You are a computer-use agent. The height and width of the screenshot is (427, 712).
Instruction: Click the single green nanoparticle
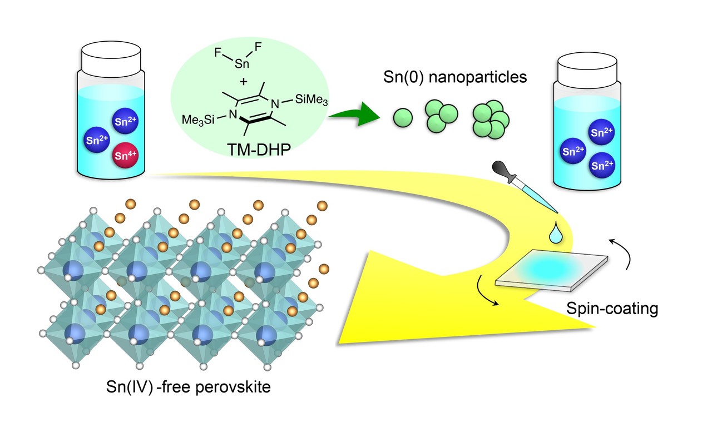(x=403, y=117)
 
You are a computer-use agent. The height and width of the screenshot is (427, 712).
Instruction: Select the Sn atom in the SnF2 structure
(x=240, y=65)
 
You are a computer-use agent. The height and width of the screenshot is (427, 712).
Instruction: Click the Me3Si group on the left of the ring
(x=201, y=119)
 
